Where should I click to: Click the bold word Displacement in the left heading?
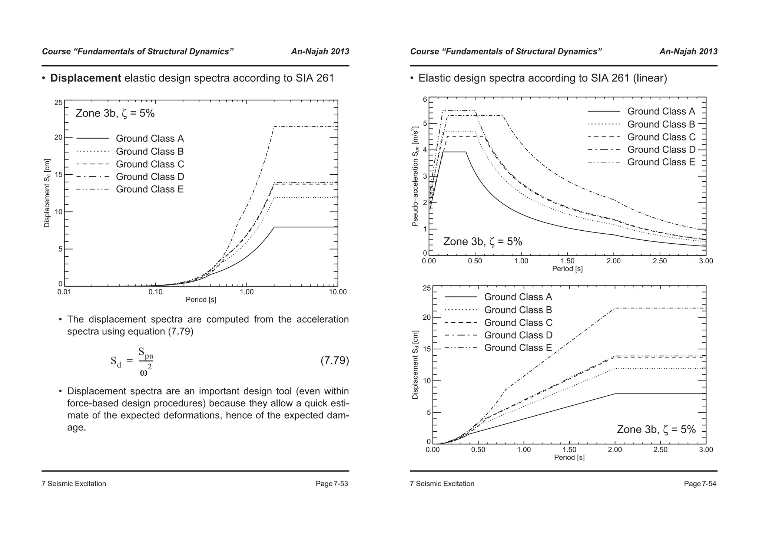[86, 78]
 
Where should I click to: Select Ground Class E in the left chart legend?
[150, 190]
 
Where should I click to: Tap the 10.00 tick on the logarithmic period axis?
[338, 292]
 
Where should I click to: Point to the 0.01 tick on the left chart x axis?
[64, 292]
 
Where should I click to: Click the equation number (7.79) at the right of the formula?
[334, 360]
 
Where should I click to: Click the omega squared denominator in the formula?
[146, 371]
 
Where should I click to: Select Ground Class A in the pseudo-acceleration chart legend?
[661, 112]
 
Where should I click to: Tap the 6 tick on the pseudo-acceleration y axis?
[425, 100]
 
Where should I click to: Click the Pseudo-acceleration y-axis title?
[415, 177]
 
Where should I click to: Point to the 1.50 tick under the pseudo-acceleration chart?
[567, 261]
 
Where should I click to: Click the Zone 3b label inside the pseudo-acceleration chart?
[483, 242]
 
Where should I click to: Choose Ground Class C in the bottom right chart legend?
[518, 323]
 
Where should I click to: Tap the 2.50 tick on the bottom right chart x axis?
[660, 450]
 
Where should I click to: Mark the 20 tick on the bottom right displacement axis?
[427, 317]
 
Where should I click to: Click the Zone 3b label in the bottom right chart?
[656, 429]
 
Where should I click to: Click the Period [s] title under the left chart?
[201, 300]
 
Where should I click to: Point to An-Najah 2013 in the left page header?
[320, 52]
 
